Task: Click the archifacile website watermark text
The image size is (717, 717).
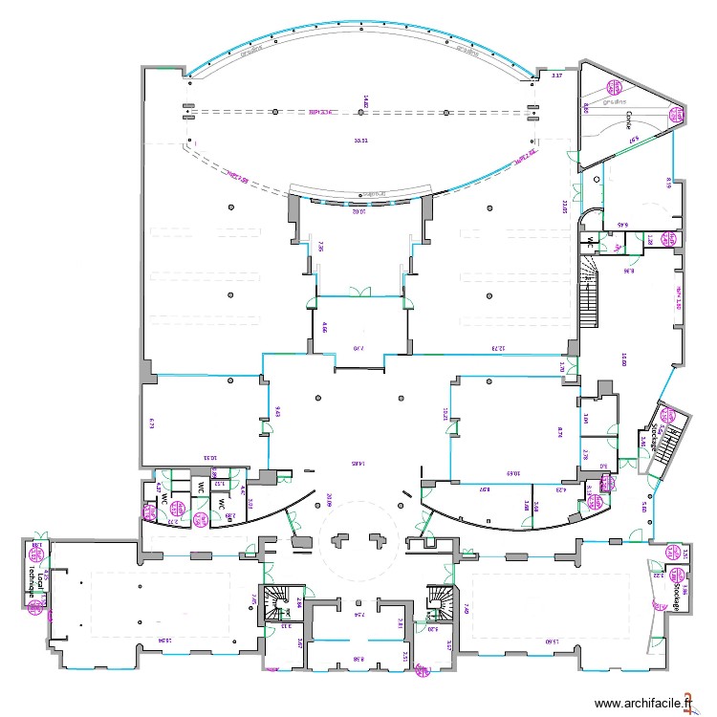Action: pos(644,704)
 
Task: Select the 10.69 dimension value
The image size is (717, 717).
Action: pos(512,472)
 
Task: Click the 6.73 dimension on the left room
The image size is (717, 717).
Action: pos(151,422)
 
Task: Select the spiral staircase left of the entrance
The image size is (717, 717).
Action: pos(280,601)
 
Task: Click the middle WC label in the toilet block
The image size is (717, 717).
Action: pos(201,489)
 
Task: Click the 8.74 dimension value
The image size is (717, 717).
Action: pos(560,431)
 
